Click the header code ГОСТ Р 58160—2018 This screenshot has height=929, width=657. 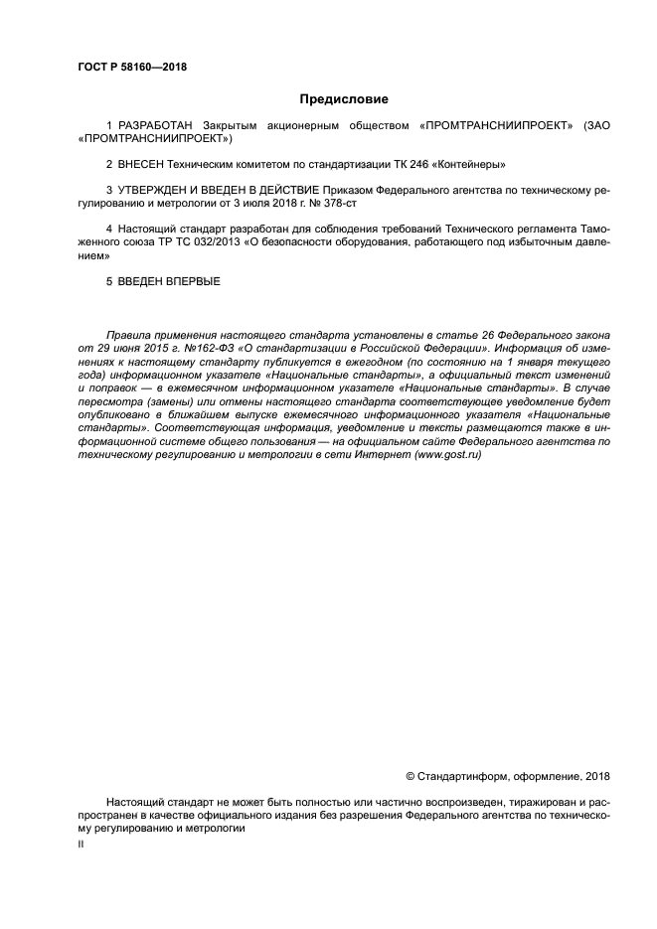(131, 68)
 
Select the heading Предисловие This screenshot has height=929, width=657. (344, 99)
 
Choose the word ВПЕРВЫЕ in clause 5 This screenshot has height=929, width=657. (189, 281)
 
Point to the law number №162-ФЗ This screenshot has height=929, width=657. (181, 350)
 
